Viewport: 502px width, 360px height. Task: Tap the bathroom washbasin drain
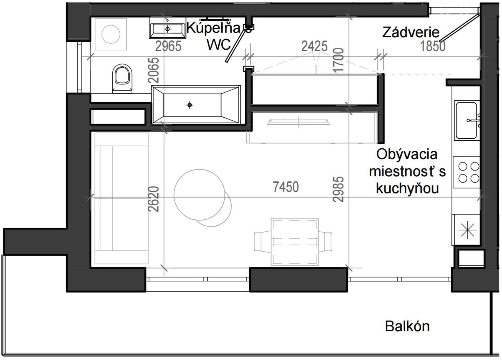[x=167, y=29]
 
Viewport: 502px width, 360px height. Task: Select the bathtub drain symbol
[x=190, y=105]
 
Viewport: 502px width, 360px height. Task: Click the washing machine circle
[x=111, y=34]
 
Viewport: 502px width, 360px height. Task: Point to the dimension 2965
[x=168, y=46]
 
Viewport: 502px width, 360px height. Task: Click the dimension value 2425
[x=314, y=46]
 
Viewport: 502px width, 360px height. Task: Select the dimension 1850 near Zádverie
[x=432, y=46]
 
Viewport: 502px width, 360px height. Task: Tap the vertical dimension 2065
[x=153, y=70]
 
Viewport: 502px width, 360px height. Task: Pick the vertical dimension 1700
[x=338, y=60]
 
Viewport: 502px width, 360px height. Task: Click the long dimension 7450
[x=286, y=187]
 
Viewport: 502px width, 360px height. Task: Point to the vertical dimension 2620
[x=153, y=199]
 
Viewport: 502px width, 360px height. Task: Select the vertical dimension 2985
[x=338, y=189]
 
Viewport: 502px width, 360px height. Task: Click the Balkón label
[x=407, y=326]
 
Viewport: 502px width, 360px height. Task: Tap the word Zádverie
[x=410, y=32]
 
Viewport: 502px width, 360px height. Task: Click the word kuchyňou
[x=407, y=188]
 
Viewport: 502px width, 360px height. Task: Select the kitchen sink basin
[x=466, y=120]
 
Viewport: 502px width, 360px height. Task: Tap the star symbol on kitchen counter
[x=467, y=230]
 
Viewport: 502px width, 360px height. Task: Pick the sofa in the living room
[x=122, y=198]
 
